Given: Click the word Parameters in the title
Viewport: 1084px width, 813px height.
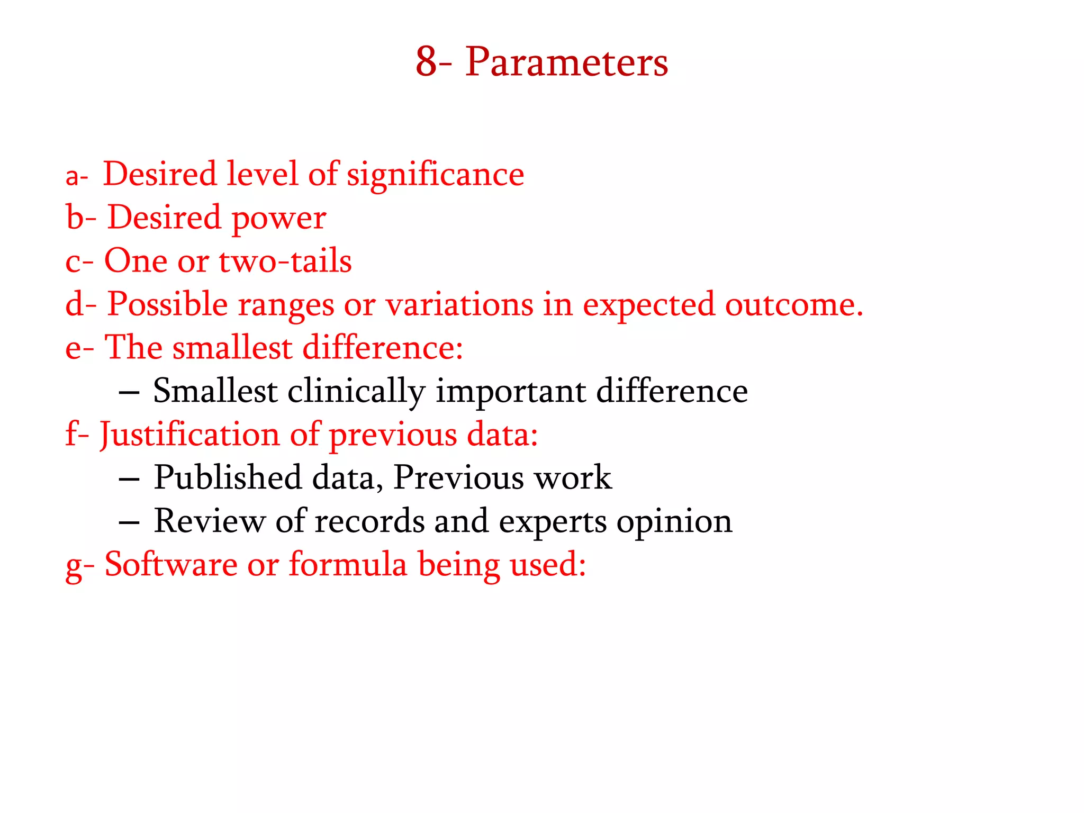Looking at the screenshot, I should pos(566,62).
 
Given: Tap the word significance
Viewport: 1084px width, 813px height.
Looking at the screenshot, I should pos(435,175).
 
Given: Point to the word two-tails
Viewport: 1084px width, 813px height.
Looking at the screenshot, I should pos(285,261).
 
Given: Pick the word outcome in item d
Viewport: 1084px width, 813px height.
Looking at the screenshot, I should pos(793,305).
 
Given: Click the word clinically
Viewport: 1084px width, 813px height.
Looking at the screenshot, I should pos(356,392).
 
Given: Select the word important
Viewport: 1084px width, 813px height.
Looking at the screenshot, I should pos(511,392).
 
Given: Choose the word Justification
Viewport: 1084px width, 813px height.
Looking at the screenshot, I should pos(189,435).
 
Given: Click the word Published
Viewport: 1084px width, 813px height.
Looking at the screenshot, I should pos(228,478).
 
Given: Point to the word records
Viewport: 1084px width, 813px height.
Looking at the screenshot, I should pos(369,521).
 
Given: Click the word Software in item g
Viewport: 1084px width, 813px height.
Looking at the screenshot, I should pos(171,565).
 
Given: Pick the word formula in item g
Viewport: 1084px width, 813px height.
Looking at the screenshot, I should pos(348,565).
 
